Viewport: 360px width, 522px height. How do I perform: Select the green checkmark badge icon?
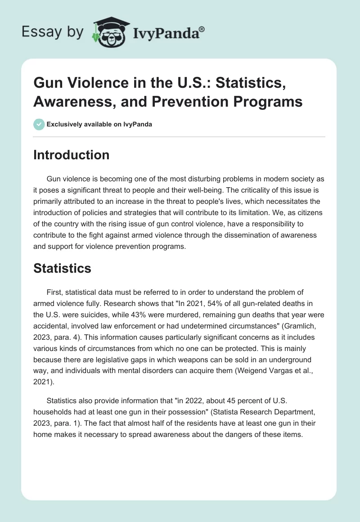[x=39, y=124]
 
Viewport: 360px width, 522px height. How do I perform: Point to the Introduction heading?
[x=72, y=155]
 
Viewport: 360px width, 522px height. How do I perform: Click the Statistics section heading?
[x=63, y=269]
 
